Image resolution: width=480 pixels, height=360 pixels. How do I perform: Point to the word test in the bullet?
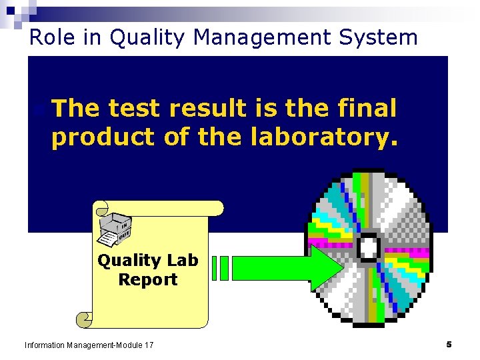[x=135, y=108]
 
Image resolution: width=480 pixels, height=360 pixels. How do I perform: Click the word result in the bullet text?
[x=208, y=108]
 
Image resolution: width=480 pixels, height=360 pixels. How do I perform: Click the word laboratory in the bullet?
[x=326, y=137]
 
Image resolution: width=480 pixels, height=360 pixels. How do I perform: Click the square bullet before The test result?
[x=41, y=109]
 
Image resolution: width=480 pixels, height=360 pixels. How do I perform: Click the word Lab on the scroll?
[x=183, y=260]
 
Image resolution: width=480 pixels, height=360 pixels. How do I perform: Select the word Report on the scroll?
[x=148, y=279]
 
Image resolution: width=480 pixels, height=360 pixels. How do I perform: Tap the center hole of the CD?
[x=369, y=247]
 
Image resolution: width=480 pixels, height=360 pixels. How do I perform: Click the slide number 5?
[x=449, y=344]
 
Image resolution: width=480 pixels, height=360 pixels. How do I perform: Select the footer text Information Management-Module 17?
[x=89, y=345]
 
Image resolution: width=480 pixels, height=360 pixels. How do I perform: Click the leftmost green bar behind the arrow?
[x=215, y=267]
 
